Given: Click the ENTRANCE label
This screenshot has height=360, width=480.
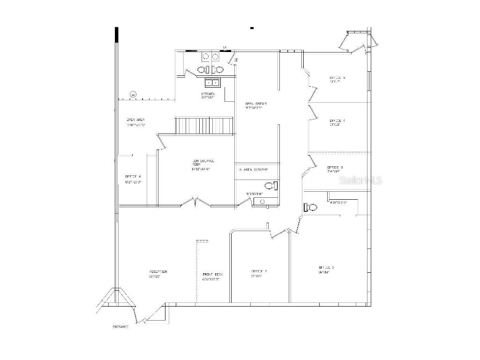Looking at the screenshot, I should click(x=120, y=326).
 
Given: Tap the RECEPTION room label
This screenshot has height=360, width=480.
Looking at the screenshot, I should click(x=158, y=272).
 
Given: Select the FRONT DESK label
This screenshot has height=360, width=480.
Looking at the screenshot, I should click(x=212, y=274).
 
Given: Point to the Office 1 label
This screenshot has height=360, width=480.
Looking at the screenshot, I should click(x=326, y=267).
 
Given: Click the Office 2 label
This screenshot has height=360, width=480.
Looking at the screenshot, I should click(x=259, y=271).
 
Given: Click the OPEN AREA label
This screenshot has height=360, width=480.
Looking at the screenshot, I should click(x=135, y=120).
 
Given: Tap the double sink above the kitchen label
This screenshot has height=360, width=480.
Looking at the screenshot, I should click(x=212, y=83).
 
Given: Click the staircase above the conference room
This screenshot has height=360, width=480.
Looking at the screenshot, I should click(x=204, y=126).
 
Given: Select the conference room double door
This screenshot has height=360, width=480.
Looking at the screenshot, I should click(x=196, y=202).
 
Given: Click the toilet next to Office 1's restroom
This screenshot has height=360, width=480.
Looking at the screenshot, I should click(x=310, y=207).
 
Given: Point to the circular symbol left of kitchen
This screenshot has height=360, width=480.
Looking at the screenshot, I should click(x=133, y=94).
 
